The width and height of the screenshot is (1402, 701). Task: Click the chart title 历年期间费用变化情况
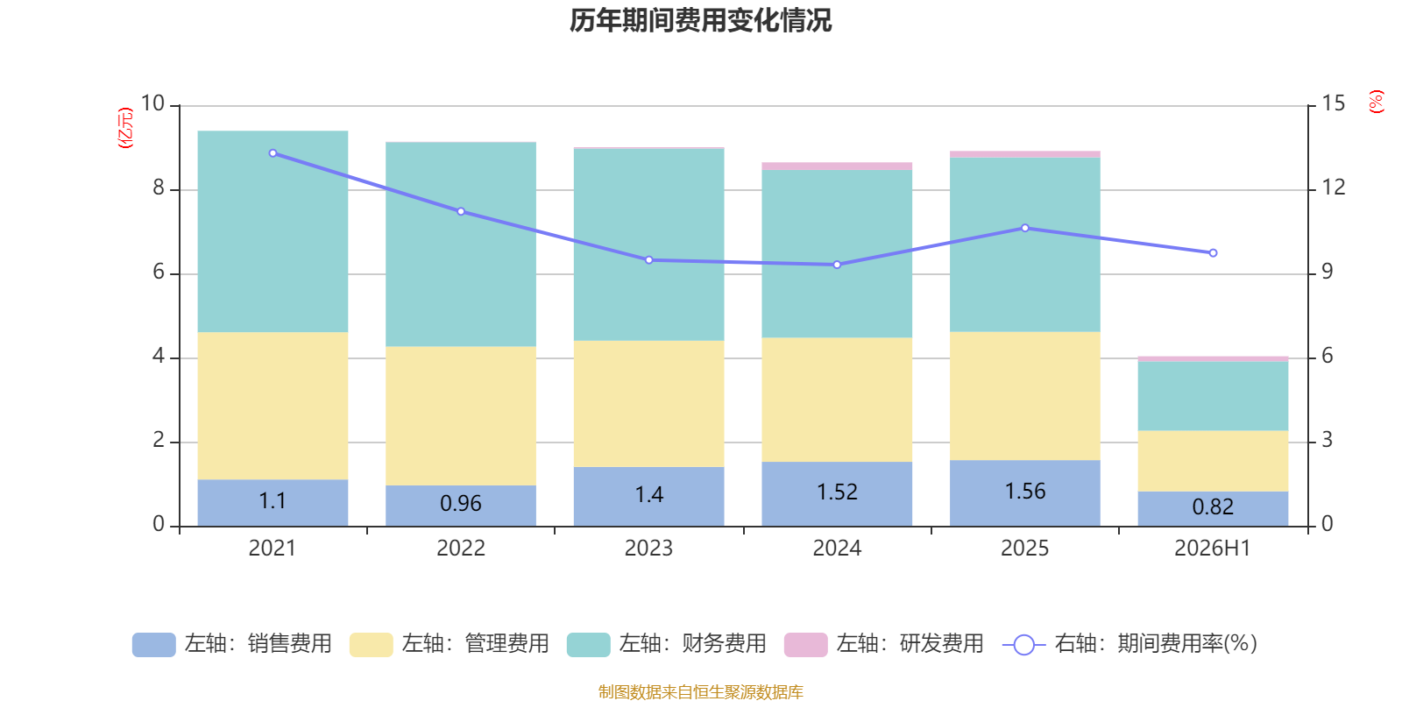[x=700, y=21]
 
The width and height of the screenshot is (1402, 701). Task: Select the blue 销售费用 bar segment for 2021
[x=273, y=503]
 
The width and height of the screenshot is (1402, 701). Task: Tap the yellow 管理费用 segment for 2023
[x=649, y=404]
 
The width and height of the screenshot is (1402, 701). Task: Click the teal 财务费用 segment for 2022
[x=461, y=244]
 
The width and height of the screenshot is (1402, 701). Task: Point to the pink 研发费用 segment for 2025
[x=1025, y=154]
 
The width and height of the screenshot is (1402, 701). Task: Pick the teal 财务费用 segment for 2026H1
[x=1213, y=396]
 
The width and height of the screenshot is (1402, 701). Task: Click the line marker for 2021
[x=273, y=153]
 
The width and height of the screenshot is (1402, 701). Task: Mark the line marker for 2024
[x=837, y=265]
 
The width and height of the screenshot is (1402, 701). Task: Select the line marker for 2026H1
[x=1213, y=253]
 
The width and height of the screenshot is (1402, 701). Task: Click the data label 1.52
[x=837, y=492]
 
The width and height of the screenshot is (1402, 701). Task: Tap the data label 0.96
[x=461, y=503]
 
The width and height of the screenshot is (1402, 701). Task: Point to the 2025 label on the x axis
[x=1024, y=549]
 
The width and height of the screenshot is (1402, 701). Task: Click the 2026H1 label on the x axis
[x=1213, y=549]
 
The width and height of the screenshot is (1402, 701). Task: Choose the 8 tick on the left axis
[x=159, y=188]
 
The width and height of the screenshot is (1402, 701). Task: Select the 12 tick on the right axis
[x=1333, y=188]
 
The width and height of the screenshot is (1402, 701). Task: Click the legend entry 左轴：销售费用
[x=231, y=644]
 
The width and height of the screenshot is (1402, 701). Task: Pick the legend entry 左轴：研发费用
[x=884, y=644]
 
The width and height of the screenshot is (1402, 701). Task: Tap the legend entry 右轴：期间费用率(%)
[x=1129, y=644]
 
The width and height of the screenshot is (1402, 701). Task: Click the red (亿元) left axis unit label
[x=125, y=128]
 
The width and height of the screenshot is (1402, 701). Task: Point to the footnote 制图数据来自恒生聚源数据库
[x=700, y=691]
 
